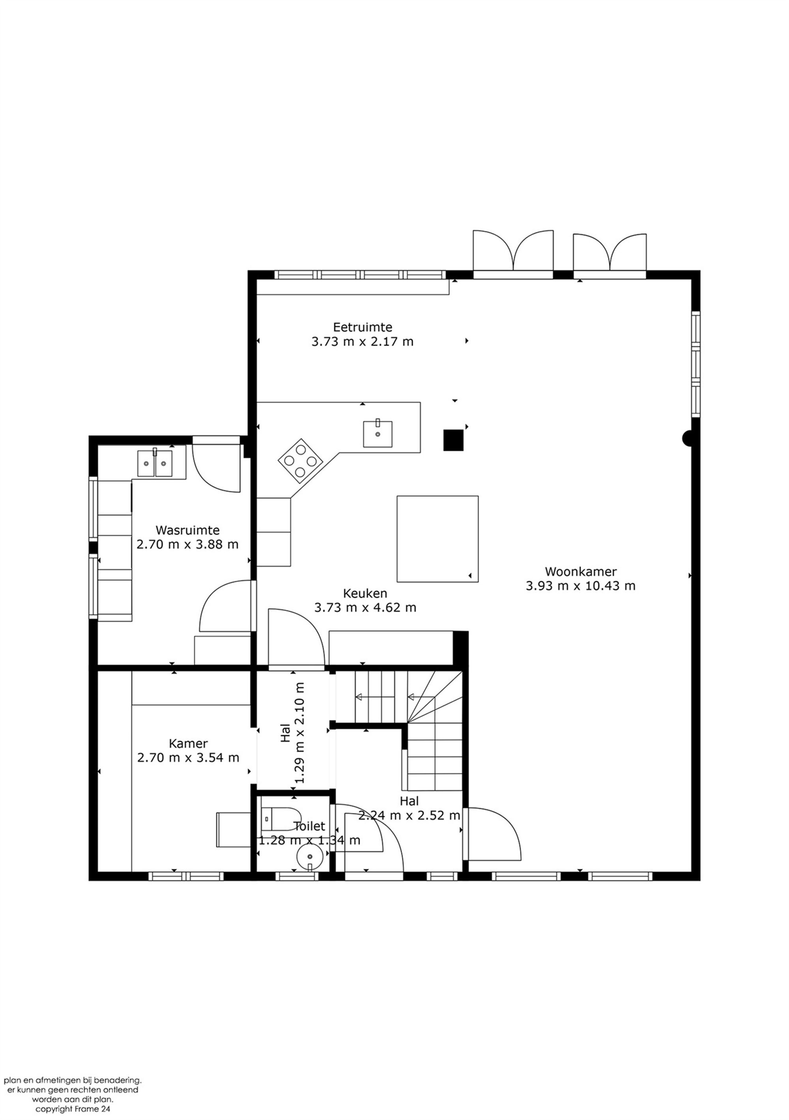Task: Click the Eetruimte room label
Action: (362, 327)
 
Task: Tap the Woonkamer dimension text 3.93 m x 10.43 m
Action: (580, 586)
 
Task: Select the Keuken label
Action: (365, 593)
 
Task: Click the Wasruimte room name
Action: (187, 530)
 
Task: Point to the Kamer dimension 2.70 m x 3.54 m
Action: (188, 758)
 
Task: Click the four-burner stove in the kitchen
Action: (300, 461)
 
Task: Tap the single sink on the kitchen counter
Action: (378, 434)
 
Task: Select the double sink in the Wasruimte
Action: (155, 463)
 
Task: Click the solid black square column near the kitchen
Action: (453, 440)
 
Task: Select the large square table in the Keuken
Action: (437, 539)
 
